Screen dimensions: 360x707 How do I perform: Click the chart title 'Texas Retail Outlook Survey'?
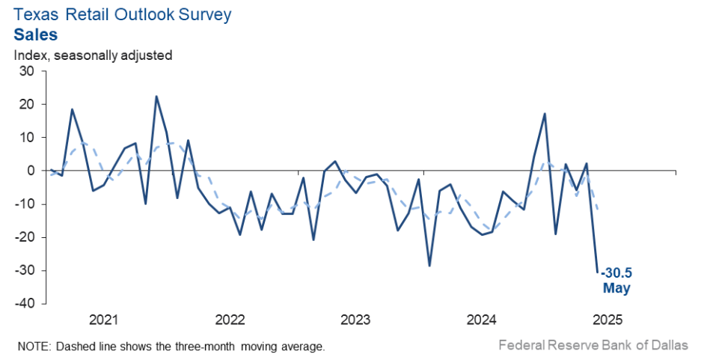pos(123,14)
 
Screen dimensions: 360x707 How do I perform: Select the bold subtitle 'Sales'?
pos(35,34)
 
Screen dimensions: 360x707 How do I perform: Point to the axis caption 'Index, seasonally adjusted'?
pos(93,55)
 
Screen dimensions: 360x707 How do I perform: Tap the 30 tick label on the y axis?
pos(27,71)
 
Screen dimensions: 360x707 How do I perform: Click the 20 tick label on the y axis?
pos(27,105)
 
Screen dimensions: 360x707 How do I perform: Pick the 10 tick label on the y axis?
pos(27,138)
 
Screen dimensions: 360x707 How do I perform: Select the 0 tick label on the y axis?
pos(31,171)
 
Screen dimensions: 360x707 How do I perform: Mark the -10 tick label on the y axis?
pos(25,204)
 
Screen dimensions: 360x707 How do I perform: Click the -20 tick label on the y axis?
pos(25,237)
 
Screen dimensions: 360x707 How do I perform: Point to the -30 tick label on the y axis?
pos(25,270)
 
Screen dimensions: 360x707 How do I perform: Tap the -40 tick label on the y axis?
pos(25,304)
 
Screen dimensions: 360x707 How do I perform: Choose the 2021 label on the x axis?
pos(104,320)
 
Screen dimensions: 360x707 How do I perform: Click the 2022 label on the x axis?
pos(230,320)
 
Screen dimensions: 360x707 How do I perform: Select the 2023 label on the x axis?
pos(355,320)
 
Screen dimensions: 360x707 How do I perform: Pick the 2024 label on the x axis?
pos(481,320)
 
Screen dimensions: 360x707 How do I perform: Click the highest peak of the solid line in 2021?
pos(156,97)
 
